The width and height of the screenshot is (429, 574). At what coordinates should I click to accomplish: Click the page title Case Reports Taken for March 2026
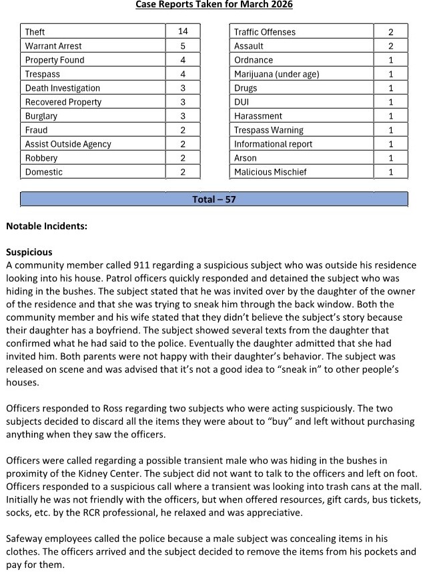pos(214,5)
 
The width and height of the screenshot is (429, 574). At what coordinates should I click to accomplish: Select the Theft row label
pos(35,32)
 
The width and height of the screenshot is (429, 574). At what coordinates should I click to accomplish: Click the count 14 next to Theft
pos(183,31)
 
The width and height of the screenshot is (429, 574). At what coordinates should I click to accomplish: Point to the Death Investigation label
pos(63,88)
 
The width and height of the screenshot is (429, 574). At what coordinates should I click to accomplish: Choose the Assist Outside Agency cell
pos(68,144)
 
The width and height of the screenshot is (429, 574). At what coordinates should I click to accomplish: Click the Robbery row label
pos(41,158)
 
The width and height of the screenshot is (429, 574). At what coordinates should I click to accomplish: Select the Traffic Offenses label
pos(265,32)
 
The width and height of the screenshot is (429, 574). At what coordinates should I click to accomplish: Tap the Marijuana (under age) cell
pos(276,74)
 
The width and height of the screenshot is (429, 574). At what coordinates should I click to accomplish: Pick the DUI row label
pos(242,102)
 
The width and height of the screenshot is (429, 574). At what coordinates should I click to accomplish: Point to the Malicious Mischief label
pos(270,172)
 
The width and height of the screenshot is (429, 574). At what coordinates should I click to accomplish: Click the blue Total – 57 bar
pos(214,199)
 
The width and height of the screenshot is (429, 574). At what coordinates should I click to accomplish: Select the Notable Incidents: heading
pos(47,226)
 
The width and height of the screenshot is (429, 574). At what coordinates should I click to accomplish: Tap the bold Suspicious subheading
pos(29,253)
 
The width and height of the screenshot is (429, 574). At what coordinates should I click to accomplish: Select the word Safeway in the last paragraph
pos(26,538)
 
